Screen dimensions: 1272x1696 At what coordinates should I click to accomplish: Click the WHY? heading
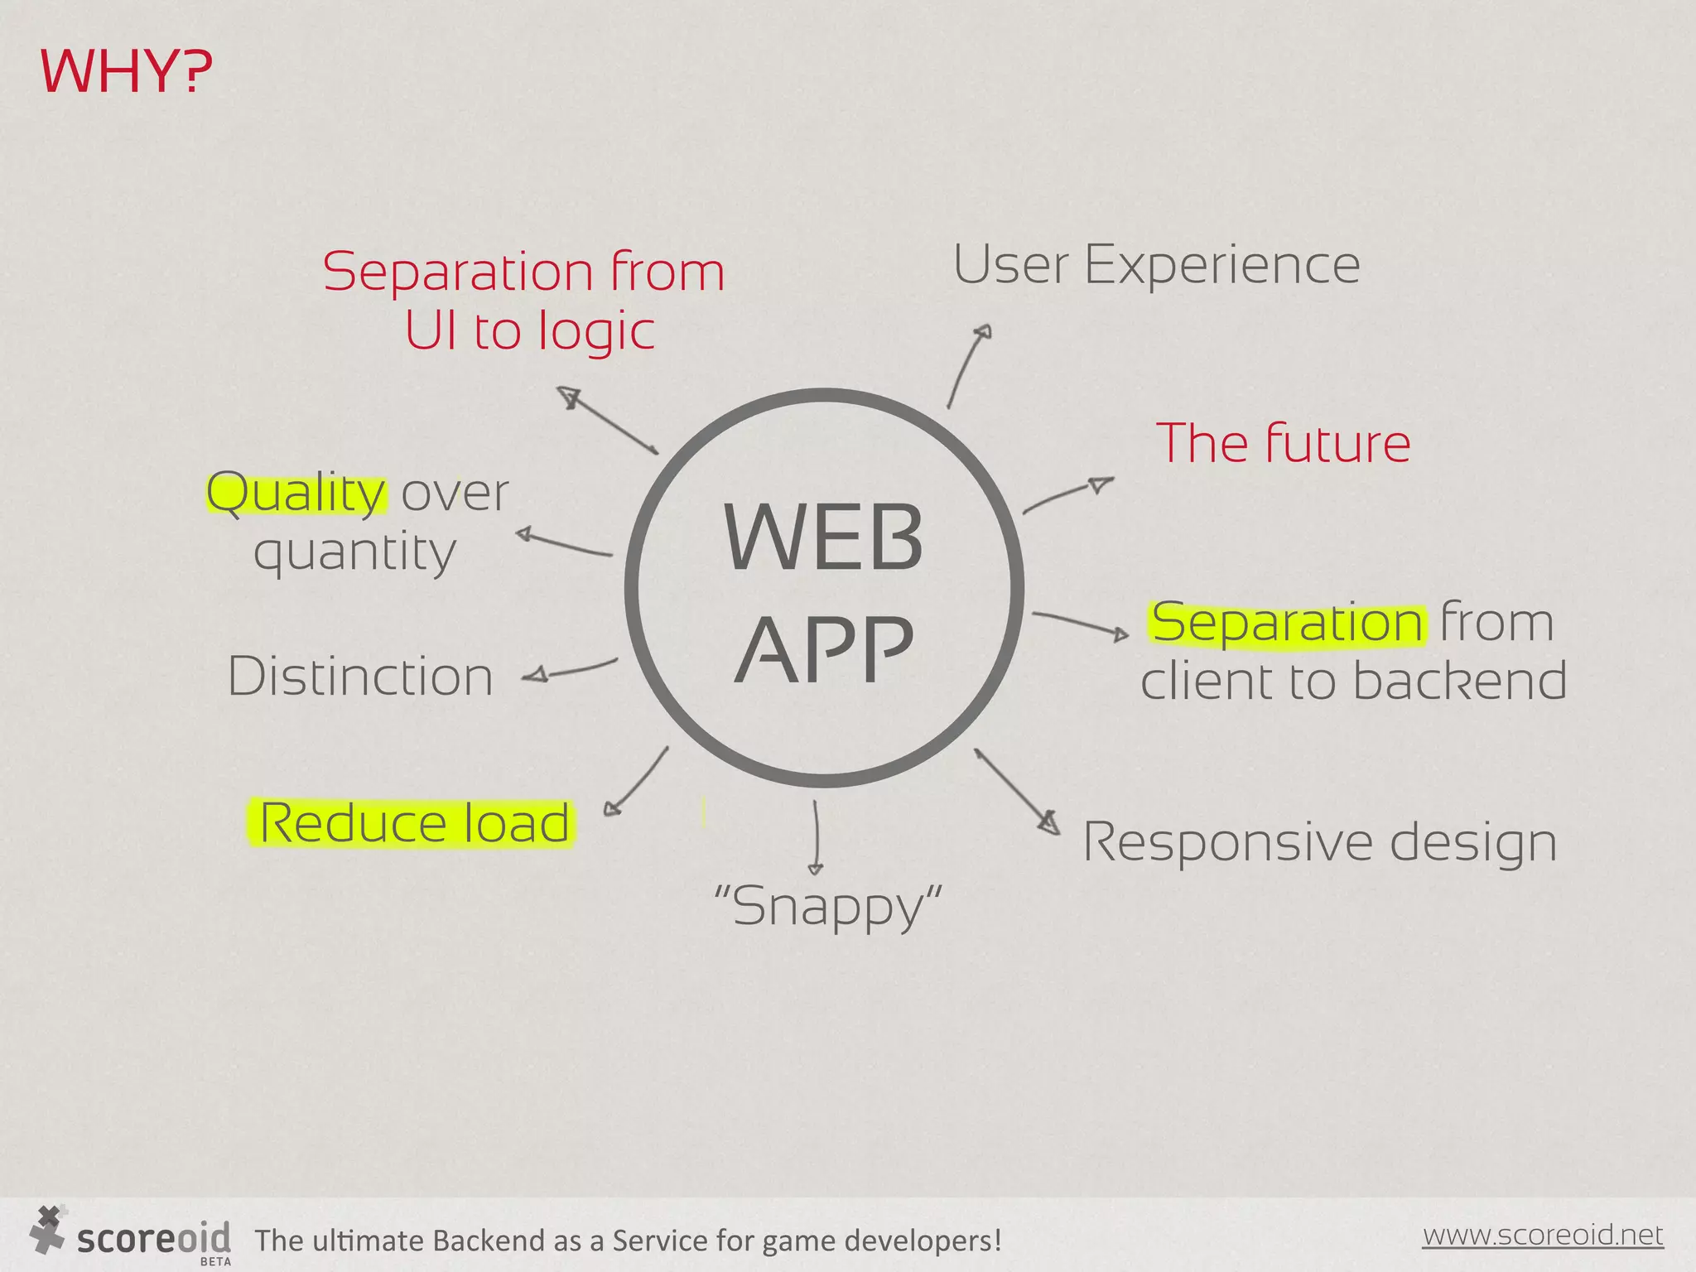pyautogui.click(x=126, y=72)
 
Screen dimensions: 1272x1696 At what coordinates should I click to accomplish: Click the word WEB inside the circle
pyautogui.click(x=823, y=538)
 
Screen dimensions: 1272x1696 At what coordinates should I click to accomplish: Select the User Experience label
pyautogui.click(x=1156, y=265)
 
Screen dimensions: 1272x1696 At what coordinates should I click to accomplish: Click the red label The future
pyautogui.click(x=1283, y=443)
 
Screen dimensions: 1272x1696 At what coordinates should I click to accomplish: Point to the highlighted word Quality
pyautogui.click(x=296, y=494)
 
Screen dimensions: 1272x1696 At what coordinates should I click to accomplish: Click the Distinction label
pyautogui.click(x=360, y=677)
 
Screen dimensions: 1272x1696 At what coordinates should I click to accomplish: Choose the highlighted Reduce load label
pyautogui.click(x=413, y=823)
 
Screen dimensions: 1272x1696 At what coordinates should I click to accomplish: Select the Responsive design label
pyautogui.click(x=1319, y=843)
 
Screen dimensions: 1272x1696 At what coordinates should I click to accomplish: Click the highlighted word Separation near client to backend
pyautogui.click(x=1288, y=623)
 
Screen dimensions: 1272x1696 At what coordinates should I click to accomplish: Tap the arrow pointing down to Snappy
pyautogui.click(x=816, y=836)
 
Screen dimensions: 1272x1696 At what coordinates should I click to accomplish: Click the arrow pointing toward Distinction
pyautogui.click(x=571, y=669)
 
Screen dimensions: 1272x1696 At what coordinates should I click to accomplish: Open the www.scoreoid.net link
pyautogui.click(x=1542, y=1235)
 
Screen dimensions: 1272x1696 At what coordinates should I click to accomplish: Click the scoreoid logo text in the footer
pyautogui.click(x=153, y=1239)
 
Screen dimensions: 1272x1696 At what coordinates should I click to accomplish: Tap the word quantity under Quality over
pyautogui.click(x=354, y=552)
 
